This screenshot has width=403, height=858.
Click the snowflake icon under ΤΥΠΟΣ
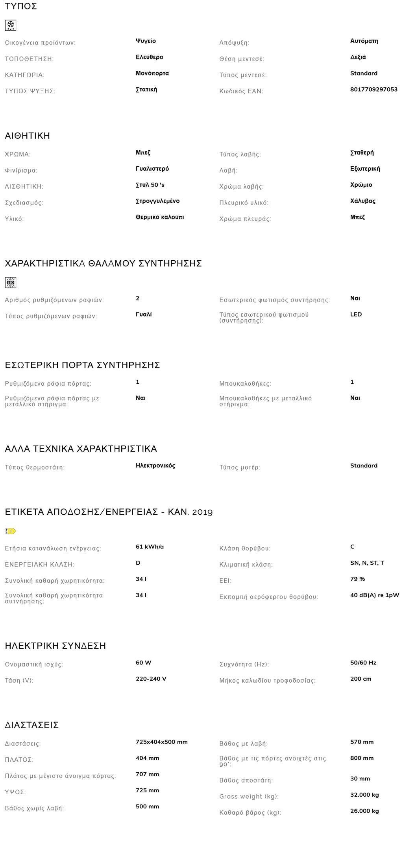11,26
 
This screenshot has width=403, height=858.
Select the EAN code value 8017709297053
373,89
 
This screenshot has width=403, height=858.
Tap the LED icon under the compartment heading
11,282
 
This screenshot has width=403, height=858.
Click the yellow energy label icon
11,531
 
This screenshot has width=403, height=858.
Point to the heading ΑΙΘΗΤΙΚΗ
28,136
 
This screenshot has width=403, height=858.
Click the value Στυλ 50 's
150,185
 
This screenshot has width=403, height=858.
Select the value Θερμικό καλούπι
159,217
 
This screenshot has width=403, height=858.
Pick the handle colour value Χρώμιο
361,185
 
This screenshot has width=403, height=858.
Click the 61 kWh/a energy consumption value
150,547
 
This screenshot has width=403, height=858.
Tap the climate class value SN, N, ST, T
367,563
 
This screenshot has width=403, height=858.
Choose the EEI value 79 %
357,579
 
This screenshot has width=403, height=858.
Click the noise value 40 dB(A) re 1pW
374,595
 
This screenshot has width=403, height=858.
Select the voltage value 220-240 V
151,679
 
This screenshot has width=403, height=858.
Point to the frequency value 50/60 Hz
363,663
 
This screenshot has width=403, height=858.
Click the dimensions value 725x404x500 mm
161,742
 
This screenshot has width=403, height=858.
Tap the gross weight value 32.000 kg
364,795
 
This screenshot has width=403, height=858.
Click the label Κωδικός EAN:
241,91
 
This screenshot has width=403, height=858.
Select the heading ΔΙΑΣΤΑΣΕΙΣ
31,725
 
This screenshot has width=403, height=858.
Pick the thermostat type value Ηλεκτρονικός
155,466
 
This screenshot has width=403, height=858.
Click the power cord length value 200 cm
360,679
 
